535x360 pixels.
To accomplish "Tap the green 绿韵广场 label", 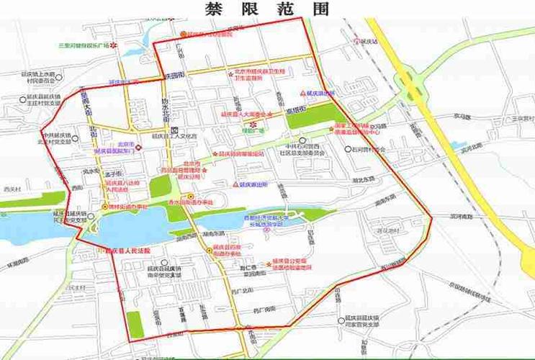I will coord(253,131).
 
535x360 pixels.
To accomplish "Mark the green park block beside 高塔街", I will coord(311,116).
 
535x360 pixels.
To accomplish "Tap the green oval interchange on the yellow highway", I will coord(414,77).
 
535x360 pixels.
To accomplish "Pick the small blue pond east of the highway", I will coord(459,146).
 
